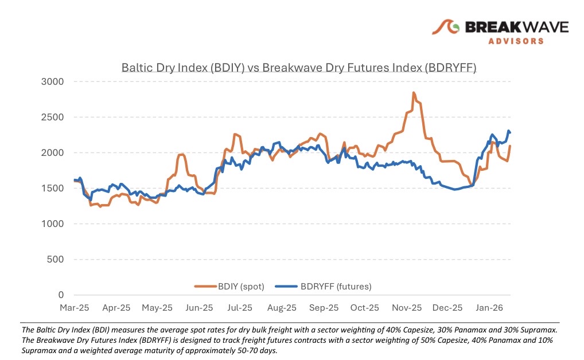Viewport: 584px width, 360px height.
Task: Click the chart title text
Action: pyautogui.click(x=299, y=68)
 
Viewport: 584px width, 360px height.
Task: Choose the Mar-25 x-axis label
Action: pyautogui.click(x=75, y=308)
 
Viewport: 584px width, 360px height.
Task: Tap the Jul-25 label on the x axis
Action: pyautogui.click(x=240, y=308)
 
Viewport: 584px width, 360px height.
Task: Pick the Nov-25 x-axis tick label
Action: pyautogui.click(x=406, y=308)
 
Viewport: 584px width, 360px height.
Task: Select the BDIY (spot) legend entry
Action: pyautogui.click(x=229, y=286)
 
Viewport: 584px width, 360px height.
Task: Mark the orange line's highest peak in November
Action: pyautogui.click(x=413, y=92)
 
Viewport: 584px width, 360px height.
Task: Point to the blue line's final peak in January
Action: pyautogui.click(x=508, y=131)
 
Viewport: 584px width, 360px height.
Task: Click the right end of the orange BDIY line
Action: pyautogui.click(x=510, y=146)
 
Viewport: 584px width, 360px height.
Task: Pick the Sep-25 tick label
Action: pyautogui.click(x=324, y=308)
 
